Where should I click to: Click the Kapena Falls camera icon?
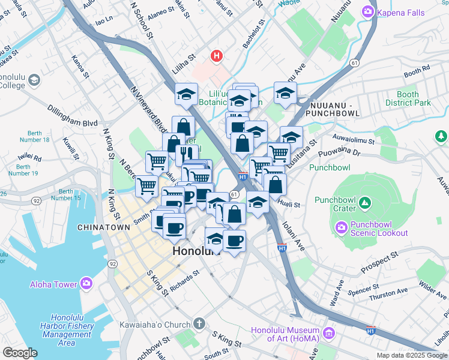[x=367, y=11]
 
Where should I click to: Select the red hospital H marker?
[x=217, y=57]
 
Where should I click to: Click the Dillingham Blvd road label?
[x=73, y=115]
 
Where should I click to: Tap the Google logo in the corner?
[x=20, y=352]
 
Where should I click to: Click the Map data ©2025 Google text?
[x=412, y=355]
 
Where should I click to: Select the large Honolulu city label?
[x=196, y=252]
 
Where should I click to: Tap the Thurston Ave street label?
[x=389, y=294]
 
